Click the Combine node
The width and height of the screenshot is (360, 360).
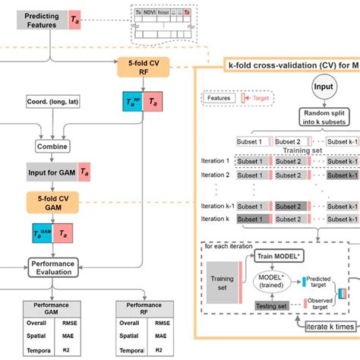pyautogui.click(x=52, y=145)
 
